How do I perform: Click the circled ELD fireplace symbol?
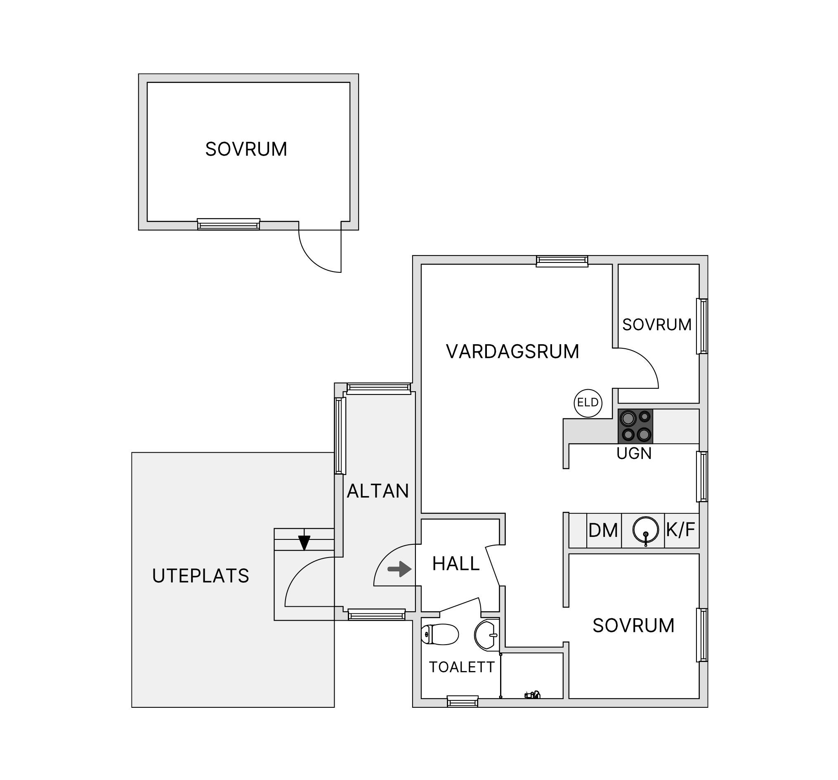[x=588, y=403]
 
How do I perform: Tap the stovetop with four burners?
[x=635, y=426]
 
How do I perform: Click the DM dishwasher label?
[x=603, y=530]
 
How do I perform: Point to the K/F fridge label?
[x=680, y=529]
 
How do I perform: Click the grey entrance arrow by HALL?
[x=399, y=569]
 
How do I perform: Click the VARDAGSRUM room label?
[x=512, y=352]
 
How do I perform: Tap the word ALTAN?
[x=378, y=491]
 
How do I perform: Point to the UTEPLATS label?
[x=200, y=576]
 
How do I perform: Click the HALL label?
[x=456, y=564]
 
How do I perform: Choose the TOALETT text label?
[x=462, y=667]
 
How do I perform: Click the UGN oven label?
[x=634, y=453]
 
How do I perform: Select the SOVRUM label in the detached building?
[x=246, y=149]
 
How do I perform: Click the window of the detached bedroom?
[x=229, y=225]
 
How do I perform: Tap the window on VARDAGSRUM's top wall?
[x=562, y=261]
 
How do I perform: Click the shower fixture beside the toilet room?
[x=532, y=695]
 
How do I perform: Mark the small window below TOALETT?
[x=463, y=702]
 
